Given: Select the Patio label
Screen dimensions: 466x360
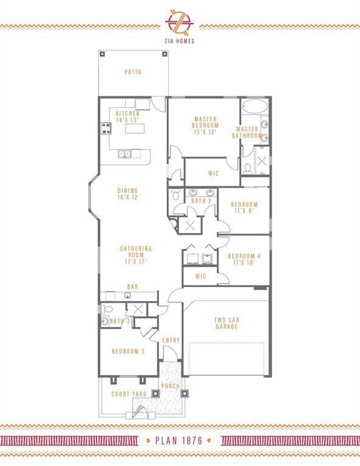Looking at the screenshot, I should pyautogui.click(x=133, y=72).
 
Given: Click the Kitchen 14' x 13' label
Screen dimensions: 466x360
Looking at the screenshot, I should pyautogui.click(x=128, y=116).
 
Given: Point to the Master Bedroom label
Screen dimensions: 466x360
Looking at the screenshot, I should pyautogui.click(x=206, y=125).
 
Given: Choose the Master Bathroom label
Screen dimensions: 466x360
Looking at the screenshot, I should pyautogui.click(x=247, y=132).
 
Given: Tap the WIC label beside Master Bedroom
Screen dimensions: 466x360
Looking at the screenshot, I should pyautogui.click(x=213, y=173).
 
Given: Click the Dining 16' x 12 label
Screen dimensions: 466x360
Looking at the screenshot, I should pyautogui.click(x=128, y=194).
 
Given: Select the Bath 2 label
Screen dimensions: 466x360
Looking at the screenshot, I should pyautogui.click(x=201, y=200).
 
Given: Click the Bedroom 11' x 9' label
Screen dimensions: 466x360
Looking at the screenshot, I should pyautogui.click(x=244, y=208).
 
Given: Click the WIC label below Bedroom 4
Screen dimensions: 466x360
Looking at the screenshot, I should pyautogui.click(x=201, y=277).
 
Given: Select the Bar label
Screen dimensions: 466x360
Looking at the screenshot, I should pyautogui.click(x=132, y=286).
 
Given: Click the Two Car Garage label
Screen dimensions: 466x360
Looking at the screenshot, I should pyautogui.click(x=226, y=323).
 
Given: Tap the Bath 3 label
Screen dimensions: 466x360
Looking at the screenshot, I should pyautogui.click(x=120, y=321).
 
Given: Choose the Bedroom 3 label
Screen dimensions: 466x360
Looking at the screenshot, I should pyautogui.click(x=128, y=351).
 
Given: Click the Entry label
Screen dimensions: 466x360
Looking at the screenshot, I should pyautogui.click(x=171, y=340).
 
